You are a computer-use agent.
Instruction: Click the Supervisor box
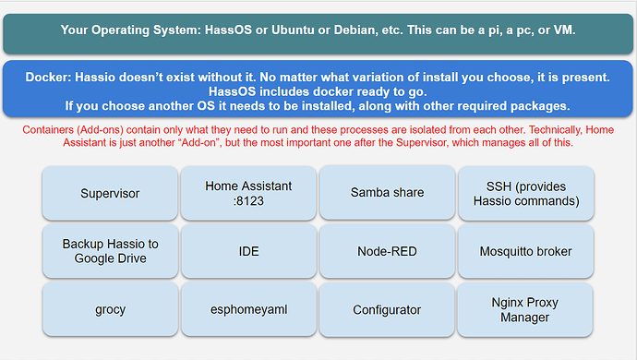click(110, 193)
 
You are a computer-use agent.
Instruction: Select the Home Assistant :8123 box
click(248, 193)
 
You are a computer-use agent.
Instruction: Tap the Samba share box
click(387, 193)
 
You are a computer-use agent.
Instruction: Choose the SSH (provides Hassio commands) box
click(525, 193)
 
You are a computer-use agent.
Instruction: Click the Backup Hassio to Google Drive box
click(110, 251)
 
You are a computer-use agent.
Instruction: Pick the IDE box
click(248, 251)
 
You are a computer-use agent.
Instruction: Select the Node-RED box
click(387, 251)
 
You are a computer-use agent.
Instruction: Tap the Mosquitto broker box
click(525, 251)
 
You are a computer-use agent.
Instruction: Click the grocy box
click(110, 310)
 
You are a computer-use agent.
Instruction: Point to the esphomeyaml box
click(248, 310)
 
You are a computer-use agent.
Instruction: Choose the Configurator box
click(387, 310)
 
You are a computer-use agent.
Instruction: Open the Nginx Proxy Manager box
click(525, 310)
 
